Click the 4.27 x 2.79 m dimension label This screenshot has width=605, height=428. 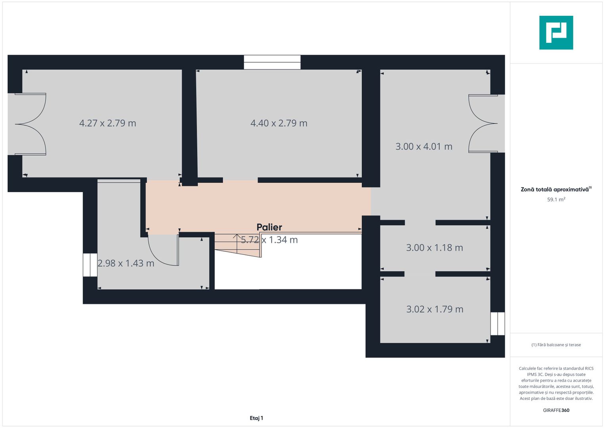click(107, 123)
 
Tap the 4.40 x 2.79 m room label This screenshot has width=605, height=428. click(279, 123)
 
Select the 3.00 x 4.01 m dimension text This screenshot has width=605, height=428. click(424, 147)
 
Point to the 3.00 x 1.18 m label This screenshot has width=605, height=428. click(434, 248)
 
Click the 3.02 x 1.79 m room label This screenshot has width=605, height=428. click(435, 309)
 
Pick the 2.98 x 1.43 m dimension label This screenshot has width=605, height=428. click(126, 263)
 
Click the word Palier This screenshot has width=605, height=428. click(269, 227)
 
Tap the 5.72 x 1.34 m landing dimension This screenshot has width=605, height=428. click(269, 240)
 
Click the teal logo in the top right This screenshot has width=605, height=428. click(556, 32)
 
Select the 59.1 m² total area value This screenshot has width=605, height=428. click(556, 199)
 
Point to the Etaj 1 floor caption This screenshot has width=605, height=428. click(256, 418)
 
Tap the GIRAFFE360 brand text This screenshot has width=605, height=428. click(556, 410)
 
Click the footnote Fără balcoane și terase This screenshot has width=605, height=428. click(556, 345)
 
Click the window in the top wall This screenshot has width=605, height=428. click(272, 62)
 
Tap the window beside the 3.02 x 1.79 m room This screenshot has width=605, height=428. click(497, 324)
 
